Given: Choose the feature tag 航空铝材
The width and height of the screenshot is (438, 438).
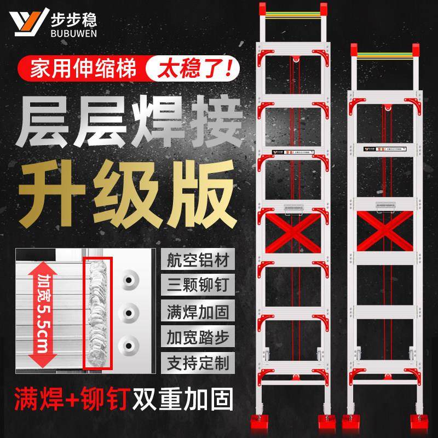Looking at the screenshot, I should (x=192, y=260).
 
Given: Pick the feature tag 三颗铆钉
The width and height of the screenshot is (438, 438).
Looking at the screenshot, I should (x=192, y=285).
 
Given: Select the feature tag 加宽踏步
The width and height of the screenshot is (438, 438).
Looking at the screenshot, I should (x=192, y=336).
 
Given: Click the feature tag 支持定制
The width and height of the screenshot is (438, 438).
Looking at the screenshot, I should (x=192, y=361).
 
